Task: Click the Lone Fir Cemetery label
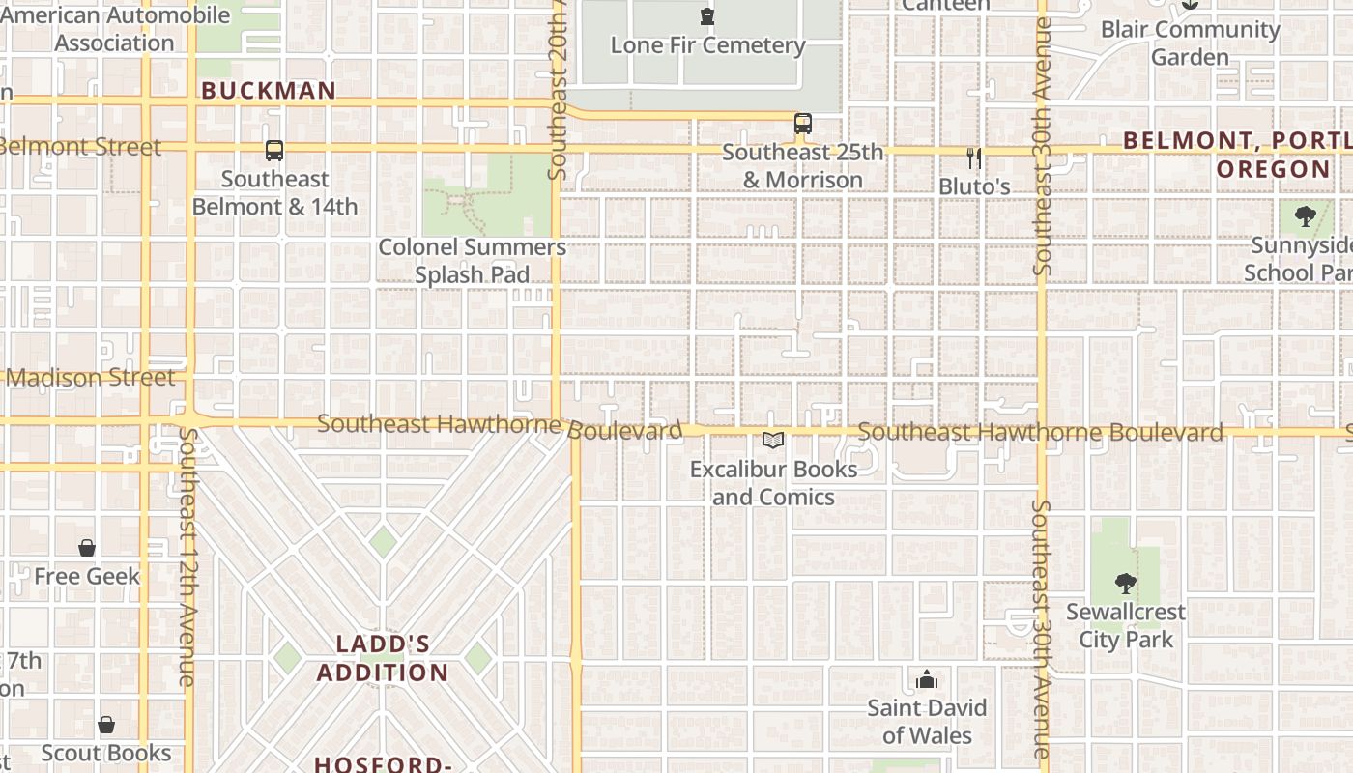point(707,45)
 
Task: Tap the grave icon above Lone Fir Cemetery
point(707,16)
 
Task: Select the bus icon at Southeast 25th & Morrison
point(803,124)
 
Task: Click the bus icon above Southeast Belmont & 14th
point(274,151)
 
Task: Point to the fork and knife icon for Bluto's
point(974,157)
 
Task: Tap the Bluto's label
point(974,186)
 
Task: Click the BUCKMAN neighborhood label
point(269,91)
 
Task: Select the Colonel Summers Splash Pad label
point(472,261)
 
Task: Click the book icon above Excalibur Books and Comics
point(773,441)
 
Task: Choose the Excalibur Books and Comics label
point(773,483)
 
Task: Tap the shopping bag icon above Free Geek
point(87,548)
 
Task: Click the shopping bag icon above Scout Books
point(106,725)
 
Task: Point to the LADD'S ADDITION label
point(383,658)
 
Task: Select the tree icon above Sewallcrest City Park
point(1125,583)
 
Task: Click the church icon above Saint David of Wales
point(927,679)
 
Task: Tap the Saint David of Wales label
point(927,722)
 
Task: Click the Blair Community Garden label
point(1190,43)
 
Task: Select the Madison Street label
point(91,377)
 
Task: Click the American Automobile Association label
point(114,29)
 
